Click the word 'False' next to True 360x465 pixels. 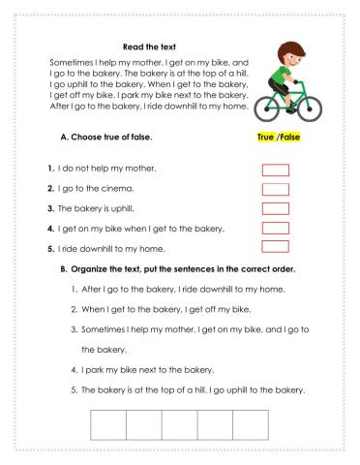[290, 138]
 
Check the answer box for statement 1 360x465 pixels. [276, 170]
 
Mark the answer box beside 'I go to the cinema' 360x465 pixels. [276, 190]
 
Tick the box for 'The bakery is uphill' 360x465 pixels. [276, 209]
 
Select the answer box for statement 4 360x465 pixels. [276, 229]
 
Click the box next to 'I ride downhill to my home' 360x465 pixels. [276, 248]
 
